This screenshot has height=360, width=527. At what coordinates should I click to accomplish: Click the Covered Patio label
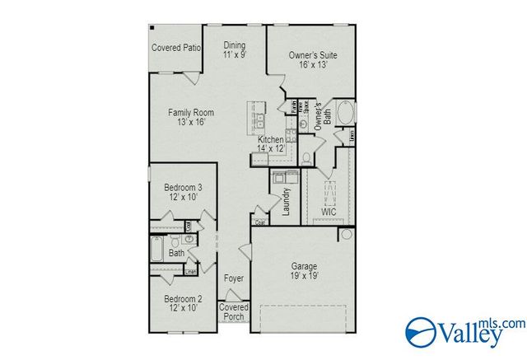(x=175, y=48)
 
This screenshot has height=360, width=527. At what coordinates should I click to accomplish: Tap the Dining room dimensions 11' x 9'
(x=235, y=54)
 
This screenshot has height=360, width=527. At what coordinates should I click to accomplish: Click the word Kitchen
(x=270, y=140)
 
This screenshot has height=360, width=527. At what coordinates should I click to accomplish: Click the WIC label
(x=329, y=212)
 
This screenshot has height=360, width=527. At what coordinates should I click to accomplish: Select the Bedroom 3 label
(x=183, y=188)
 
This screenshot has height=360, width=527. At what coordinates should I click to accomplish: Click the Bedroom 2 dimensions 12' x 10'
(x=183, y=307)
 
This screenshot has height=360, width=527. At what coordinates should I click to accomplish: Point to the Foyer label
(x=234, y=278)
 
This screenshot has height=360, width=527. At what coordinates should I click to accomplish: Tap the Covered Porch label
(x=234, y=311)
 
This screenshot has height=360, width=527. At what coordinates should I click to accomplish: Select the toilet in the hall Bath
(x=189, y=239)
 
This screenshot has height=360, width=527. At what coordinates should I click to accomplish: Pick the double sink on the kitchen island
(x=258, y=119)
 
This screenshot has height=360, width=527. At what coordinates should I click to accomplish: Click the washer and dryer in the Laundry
(x=285, y=176)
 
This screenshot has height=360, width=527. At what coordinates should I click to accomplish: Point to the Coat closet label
(x=259, y=222)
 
